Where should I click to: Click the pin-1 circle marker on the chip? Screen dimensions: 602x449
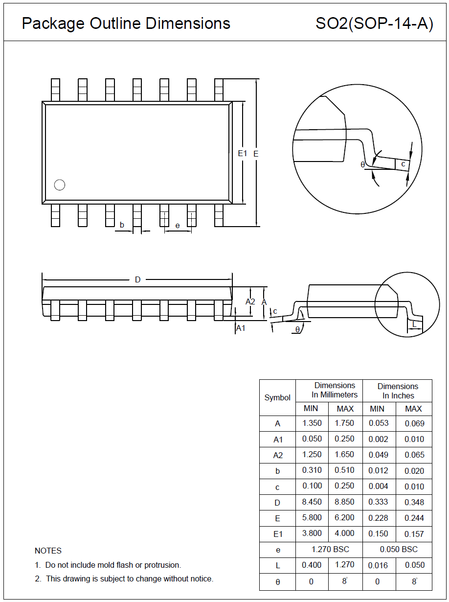coord(59,185)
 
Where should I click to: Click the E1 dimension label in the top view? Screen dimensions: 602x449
coord(242,153)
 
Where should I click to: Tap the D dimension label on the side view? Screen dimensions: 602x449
coord(137,279)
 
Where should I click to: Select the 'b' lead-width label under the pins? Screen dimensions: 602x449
coord(122,225)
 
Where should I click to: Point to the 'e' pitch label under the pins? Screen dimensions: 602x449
coord(177,225)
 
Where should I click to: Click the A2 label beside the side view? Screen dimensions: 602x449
coord(250,301)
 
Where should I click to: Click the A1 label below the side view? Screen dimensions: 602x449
coord(241,328)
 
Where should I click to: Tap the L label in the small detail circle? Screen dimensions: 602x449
coord(414,324)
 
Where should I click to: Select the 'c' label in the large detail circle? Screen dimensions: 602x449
coord(403,164)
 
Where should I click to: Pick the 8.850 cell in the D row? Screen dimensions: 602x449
coord(344,502)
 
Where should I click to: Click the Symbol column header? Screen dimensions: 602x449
coord(277,397)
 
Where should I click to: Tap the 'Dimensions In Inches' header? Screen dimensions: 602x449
coord(398,391)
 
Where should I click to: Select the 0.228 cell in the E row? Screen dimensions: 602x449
coord(378,518)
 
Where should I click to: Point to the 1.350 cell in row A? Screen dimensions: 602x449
coord(312,423)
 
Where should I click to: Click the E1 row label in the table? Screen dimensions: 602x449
coord(278,534)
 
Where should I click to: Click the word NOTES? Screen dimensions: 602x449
coord(48,551)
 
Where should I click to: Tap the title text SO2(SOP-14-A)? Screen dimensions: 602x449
coord(374,23)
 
